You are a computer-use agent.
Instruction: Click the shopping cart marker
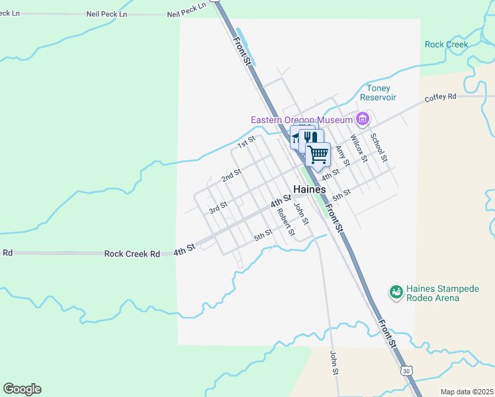(318, 155)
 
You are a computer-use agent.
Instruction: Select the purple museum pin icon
(362, 119)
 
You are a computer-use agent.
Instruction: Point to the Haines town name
(310, 189)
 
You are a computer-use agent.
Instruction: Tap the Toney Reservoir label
(378, 93)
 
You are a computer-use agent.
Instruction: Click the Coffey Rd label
(441, 97)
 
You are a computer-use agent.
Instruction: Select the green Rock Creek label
(446, 44)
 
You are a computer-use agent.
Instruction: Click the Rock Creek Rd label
(132, 253)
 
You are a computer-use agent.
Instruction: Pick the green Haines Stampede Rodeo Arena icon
(396, 291)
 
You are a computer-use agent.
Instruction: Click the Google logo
(22, 389)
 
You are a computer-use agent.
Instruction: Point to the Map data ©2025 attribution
(467, 392)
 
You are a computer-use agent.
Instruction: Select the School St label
(378, 147)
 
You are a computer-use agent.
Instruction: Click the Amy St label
(342, 157)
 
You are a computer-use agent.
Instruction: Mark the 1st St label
(246, 142)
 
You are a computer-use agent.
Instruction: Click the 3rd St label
(218, 208)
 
